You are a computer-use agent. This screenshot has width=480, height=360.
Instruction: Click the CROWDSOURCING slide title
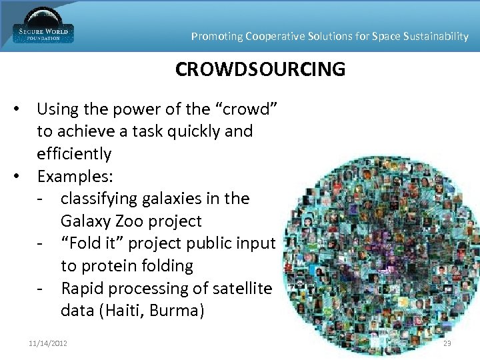pyautogui.click(x=260, y=69)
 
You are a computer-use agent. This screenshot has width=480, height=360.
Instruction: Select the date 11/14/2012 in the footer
pyautogui.click(x=49, y=343)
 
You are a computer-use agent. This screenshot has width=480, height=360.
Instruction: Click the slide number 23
pyautogui.click(x=447, y=343)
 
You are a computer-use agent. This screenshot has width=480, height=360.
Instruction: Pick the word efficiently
pyautogui.click(x=74, y=153)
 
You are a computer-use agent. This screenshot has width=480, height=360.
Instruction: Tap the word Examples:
pyautogui.click(x=75, y=176)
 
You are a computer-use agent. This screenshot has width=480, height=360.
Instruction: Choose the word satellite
pyautogui.click(x=241, y=288)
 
